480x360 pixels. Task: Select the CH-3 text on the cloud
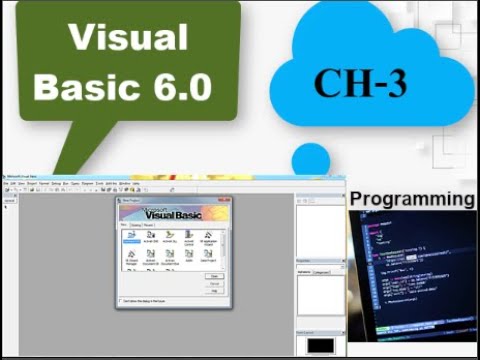(360, 83)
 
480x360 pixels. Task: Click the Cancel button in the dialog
(213, 283)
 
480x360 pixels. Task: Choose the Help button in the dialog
(213, 291)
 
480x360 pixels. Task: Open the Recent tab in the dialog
(150, 226)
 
